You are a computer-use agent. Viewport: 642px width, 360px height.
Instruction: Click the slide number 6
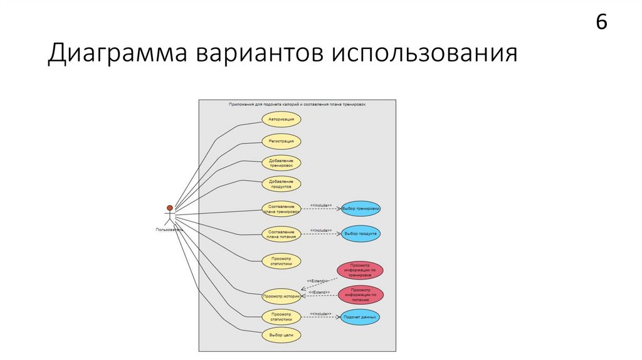[601, 22]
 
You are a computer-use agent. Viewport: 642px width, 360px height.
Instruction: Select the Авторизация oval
[282, 119]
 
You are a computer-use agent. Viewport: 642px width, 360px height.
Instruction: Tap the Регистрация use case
[282, 141]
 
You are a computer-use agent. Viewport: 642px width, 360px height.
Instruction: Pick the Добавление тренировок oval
[282, 163]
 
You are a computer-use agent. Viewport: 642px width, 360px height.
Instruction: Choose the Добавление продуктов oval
[282, 184]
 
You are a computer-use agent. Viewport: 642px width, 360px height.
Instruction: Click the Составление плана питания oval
[282, 234]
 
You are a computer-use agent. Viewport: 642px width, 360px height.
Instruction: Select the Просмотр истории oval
[282, 295]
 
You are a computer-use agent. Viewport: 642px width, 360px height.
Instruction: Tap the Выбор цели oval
[282, 335]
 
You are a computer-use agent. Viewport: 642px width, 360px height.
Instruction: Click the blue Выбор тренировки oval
[360, 208]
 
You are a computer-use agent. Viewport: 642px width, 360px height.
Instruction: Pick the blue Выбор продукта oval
[360, 234]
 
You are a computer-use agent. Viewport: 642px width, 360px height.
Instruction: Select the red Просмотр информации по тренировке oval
[360, 270]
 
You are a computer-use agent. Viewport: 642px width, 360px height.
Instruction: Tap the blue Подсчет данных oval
[360, 317]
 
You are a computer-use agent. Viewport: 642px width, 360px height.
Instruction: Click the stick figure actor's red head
[169, 208]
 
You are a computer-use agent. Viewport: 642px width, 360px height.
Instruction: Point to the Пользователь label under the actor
[169, 230]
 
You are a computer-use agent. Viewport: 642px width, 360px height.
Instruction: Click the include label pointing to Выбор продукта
[320, 230]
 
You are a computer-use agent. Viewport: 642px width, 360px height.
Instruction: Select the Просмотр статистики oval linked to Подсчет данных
[282, 317]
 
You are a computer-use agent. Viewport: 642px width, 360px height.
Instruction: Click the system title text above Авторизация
[297, 104]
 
